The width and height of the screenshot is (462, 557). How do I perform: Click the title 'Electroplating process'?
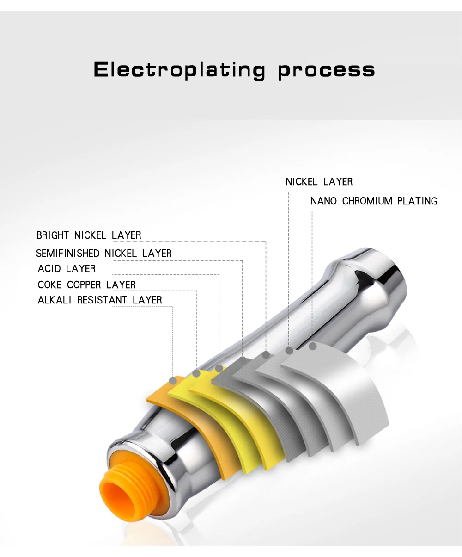(x=234, y=70)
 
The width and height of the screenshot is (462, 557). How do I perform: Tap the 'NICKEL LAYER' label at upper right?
(x=319, y=182)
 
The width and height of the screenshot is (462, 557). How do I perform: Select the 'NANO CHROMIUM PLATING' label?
(x=374, y=201)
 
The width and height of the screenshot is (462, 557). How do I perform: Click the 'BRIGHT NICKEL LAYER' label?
(x=89, y=235)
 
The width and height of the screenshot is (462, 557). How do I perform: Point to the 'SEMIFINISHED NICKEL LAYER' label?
(x=104, y=253)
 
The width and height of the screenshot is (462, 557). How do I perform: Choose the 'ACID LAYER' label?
(x=67, y=269)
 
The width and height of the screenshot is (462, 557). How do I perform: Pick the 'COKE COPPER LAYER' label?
(x=86, y=285)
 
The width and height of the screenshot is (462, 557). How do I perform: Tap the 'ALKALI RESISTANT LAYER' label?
(x=100, y=300)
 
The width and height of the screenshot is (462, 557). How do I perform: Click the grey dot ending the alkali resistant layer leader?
(x=173, y=381)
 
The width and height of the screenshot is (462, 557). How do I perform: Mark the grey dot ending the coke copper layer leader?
(x=196, y=373)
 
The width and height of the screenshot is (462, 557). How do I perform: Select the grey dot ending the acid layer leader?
(x=219, y=368)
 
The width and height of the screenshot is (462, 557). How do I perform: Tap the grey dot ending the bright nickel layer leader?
(x=266, y=355)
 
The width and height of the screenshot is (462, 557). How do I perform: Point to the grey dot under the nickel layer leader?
(x=289, y=351)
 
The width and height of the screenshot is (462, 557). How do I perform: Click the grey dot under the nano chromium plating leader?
(x=312, y=346)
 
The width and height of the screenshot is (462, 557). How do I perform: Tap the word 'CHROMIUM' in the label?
(x=367, y=201)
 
